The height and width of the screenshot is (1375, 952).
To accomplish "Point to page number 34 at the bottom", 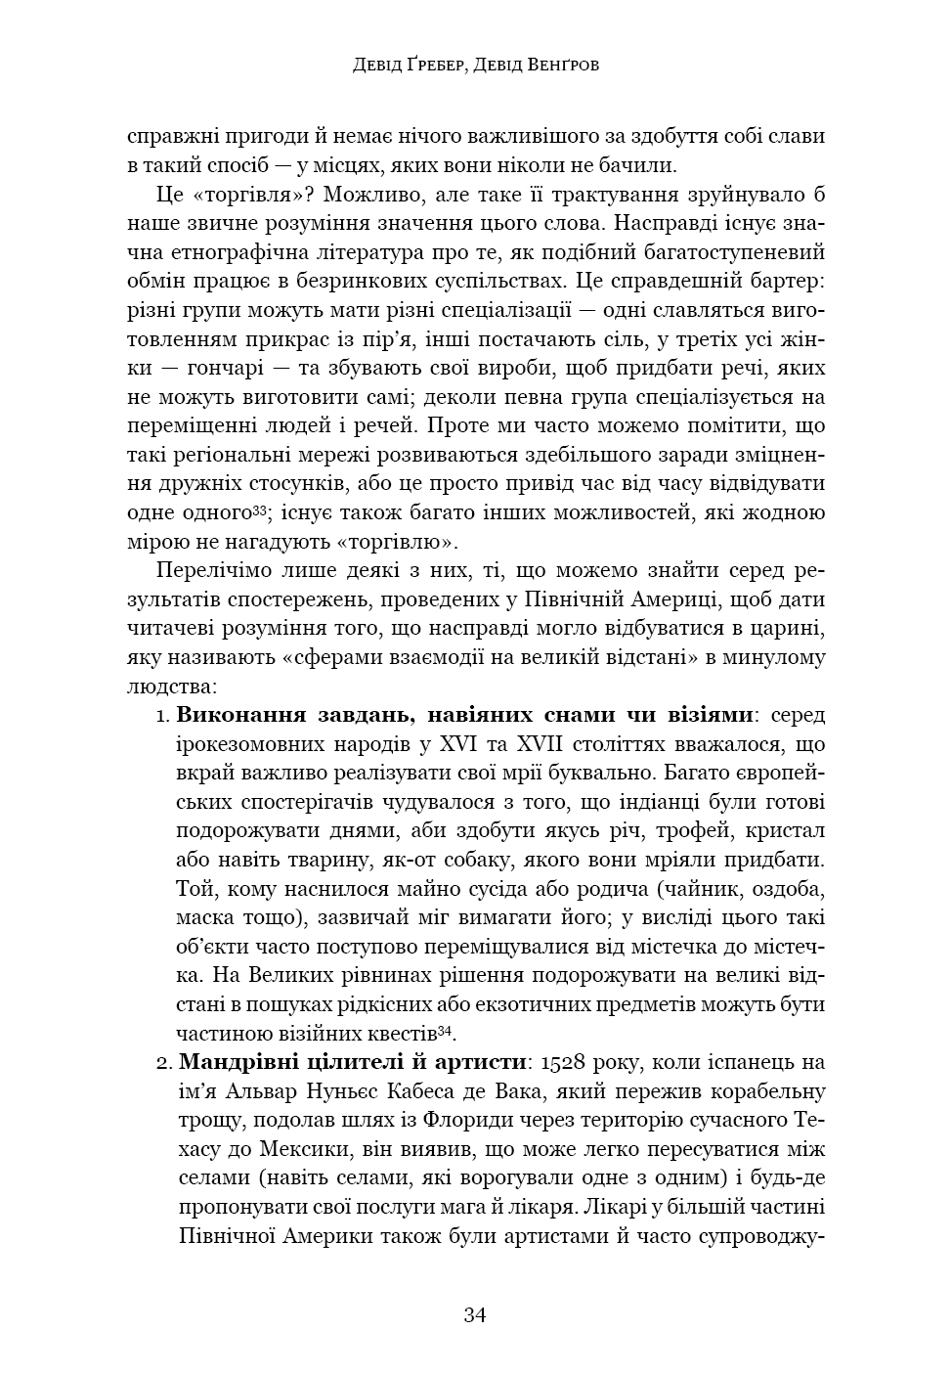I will pyautogui.click(x=475, y=1314).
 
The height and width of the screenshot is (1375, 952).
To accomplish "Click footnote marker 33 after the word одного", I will pyautogui.click(x=260, y=509).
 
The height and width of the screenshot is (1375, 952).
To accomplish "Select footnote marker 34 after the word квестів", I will pyautogui.click(x=446, y=1030).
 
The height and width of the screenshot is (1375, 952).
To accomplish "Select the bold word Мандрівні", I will pyautogui.click(x=231, y=1062).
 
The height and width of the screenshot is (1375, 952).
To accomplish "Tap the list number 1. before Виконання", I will pyautogui.click(x=163, y=717).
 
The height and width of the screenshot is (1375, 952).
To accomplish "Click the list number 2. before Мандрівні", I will pyautogui.click(x=163, y=1062).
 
